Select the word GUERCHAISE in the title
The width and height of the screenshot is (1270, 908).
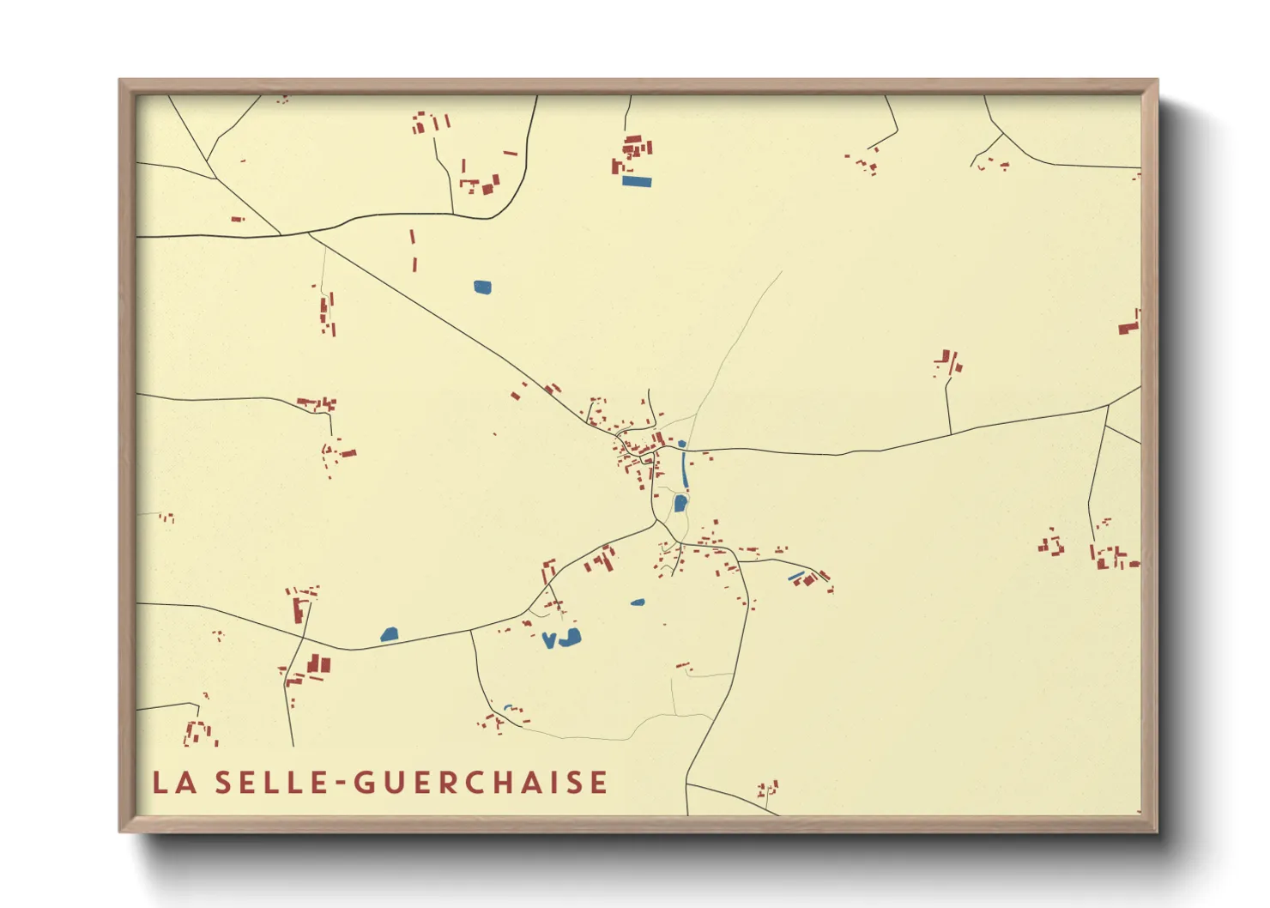[x=481, y=783]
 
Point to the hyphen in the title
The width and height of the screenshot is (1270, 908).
[x=341, y=784]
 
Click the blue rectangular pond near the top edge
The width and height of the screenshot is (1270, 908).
[x=637, y=181]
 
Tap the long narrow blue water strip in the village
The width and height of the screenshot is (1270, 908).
[x=684, y=468]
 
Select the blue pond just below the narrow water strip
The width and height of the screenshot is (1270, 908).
[x=680, y=503]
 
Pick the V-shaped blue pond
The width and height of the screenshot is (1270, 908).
[x=548, y=640]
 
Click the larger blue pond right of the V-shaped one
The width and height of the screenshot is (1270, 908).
[x=570, y=637]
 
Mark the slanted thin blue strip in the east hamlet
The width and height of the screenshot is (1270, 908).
[x=796, y=576]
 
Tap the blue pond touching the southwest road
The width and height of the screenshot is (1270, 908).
[x=390, y=634]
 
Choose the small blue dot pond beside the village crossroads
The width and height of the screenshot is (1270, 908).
[x=681, y=444]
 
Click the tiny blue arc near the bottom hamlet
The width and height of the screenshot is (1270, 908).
[x=508, y=707]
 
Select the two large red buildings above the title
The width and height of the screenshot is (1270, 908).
[x=318, y=663]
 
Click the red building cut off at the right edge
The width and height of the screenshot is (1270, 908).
[x=1129, y=327]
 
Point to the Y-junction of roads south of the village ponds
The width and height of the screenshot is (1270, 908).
[x=657, y=520]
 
